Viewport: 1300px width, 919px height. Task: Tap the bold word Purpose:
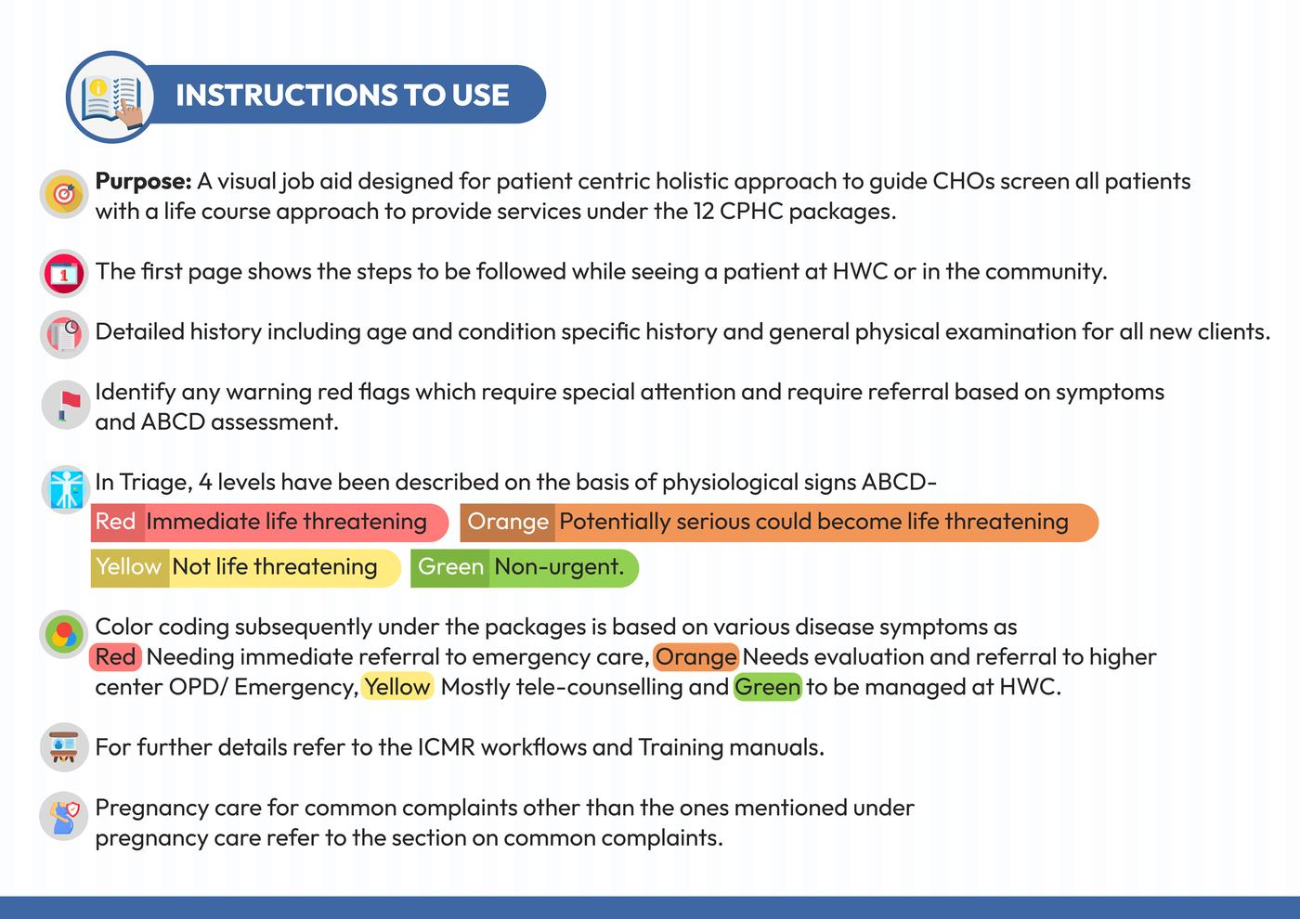click(x=143, y=182)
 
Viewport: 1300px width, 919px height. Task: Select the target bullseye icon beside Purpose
click(x=64, y=194)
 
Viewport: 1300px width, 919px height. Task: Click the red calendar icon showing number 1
click(x=64, y=273)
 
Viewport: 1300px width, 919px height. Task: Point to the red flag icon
click(x=66, y=405)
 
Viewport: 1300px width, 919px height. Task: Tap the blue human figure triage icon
click(x=66, y=488)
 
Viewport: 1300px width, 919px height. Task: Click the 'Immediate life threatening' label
click(x=286, y=522)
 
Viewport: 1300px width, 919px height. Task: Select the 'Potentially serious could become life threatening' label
click(x=813, y=522)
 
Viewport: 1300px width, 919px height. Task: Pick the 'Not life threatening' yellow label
click(x=275, y=567)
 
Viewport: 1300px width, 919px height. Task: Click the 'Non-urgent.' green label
click(x=559, y=567)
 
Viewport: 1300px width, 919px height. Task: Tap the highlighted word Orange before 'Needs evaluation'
click(x=695, y=657)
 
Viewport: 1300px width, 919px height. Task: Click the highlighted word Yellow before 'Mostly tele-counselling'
click(x=397, y=688)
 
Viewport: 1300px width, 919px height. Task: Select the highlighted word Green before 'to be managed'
click(x=767, y=688)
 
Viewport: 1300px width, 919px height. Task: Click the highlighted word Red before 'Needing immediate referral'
click(x=115, y=657)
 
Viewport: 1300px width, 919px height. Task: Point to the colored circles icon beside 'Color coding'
click(x=64, y=634)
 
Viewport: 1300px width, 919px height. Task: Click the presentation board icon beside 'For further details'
click(x=64, y=747)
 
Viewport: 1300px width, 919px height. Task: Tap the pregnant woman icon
click(x=64, y=816)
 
